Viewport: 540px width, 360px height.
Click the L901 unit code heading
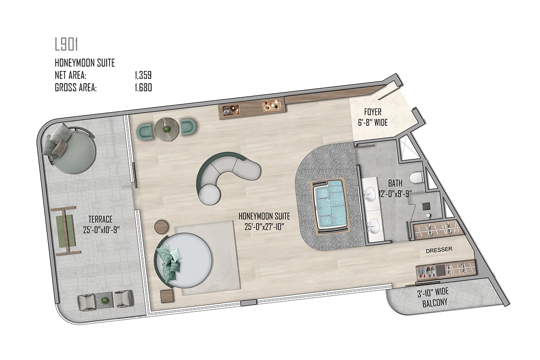66,45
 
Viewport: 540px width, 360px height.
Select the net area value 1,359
143,75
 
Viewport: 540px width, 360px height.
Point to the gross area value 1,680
143,88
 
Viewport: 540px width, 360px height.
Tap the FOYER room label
373,112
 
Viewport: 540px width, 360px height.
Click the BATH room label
395,184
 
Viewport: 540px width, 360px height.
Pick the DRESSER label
439,250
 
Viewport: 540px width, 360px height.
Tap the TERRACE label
100,220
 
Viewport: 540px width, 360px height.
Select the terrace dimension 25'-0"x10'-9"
101,230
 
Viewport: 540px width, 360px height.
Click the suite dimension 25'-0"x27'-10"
264,227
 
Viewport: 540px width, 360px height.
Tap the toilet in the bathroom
416,177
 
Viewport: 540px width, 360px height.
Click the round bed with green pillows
184,261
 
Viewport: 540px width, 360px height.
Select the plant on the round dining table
166,130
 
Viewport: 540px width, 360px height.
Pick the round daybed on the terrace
69,149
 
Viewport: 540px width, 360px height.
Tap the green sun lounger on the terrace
66,231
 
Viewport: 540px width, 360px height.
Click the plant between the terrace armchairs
104,301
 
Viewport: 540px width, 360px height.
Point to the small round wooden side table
162,227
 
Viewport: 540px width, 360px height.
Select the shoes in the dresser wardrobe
427,271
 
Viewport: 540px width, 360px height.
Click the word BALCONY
435,302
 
